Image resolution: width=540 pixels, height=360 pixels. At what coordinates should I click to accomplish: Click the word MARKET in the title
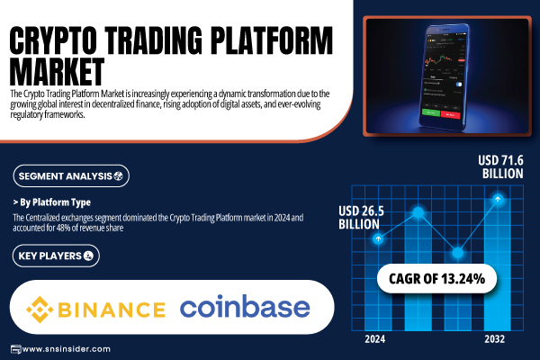click(57, 72)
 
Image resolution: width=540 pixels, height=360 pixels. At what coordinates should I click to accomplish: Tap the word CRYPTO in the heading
click(53, 40)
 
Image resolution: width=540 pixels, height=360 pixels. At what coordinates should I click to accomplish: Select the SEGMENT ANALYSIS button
click(71, 176)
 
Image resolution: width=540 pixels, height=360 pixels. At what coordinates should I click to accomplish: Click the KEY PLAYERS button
click(56, 256)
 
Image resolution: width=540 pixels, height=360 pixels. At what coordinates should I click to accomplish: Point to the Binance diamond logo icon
click(40, 310)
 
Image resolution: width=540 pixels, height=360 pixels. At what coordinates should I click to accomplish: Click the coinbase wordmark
click(245, 306)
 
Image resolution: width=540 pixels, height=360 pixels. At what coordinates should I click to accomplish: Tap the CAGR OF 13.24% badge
click(437, 279)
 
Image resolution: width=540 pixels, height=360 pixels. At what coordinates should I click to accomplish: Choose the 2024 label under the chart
click(375, 339)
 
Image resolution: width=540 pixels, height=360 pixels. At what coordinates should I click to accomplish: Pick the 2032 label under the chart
click(494, 339)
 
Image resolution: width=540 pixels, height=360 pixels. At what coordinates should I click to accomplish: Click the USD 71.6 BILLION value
click(501, 166)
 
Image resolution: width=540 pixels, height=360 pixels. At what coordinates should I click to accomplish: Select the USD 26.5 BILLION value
click(361, 218)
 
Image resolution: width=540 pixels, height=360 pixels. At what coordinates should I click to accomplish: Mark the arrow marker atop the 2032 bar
click(498, 199)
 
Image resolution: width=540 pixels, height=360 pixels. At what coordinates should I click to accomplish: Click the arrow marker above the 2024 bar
click(378, 238)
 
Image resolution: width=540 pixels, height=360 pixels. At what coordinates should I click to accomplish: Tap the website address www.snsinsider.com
click(66, 349)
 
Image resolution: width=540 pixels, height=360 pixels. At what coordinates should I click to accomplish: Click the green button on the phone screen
click(431, 112)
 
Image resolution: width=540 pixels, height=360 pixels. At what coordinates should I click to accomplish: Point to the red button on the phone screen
click(451, 114)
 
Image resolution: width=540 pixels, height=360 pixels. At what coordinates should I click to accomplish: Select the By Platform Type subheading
click(52, 202)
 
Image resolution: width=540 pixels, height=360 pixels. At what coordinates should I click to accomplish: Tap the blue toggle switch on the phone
click(458, 85)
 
